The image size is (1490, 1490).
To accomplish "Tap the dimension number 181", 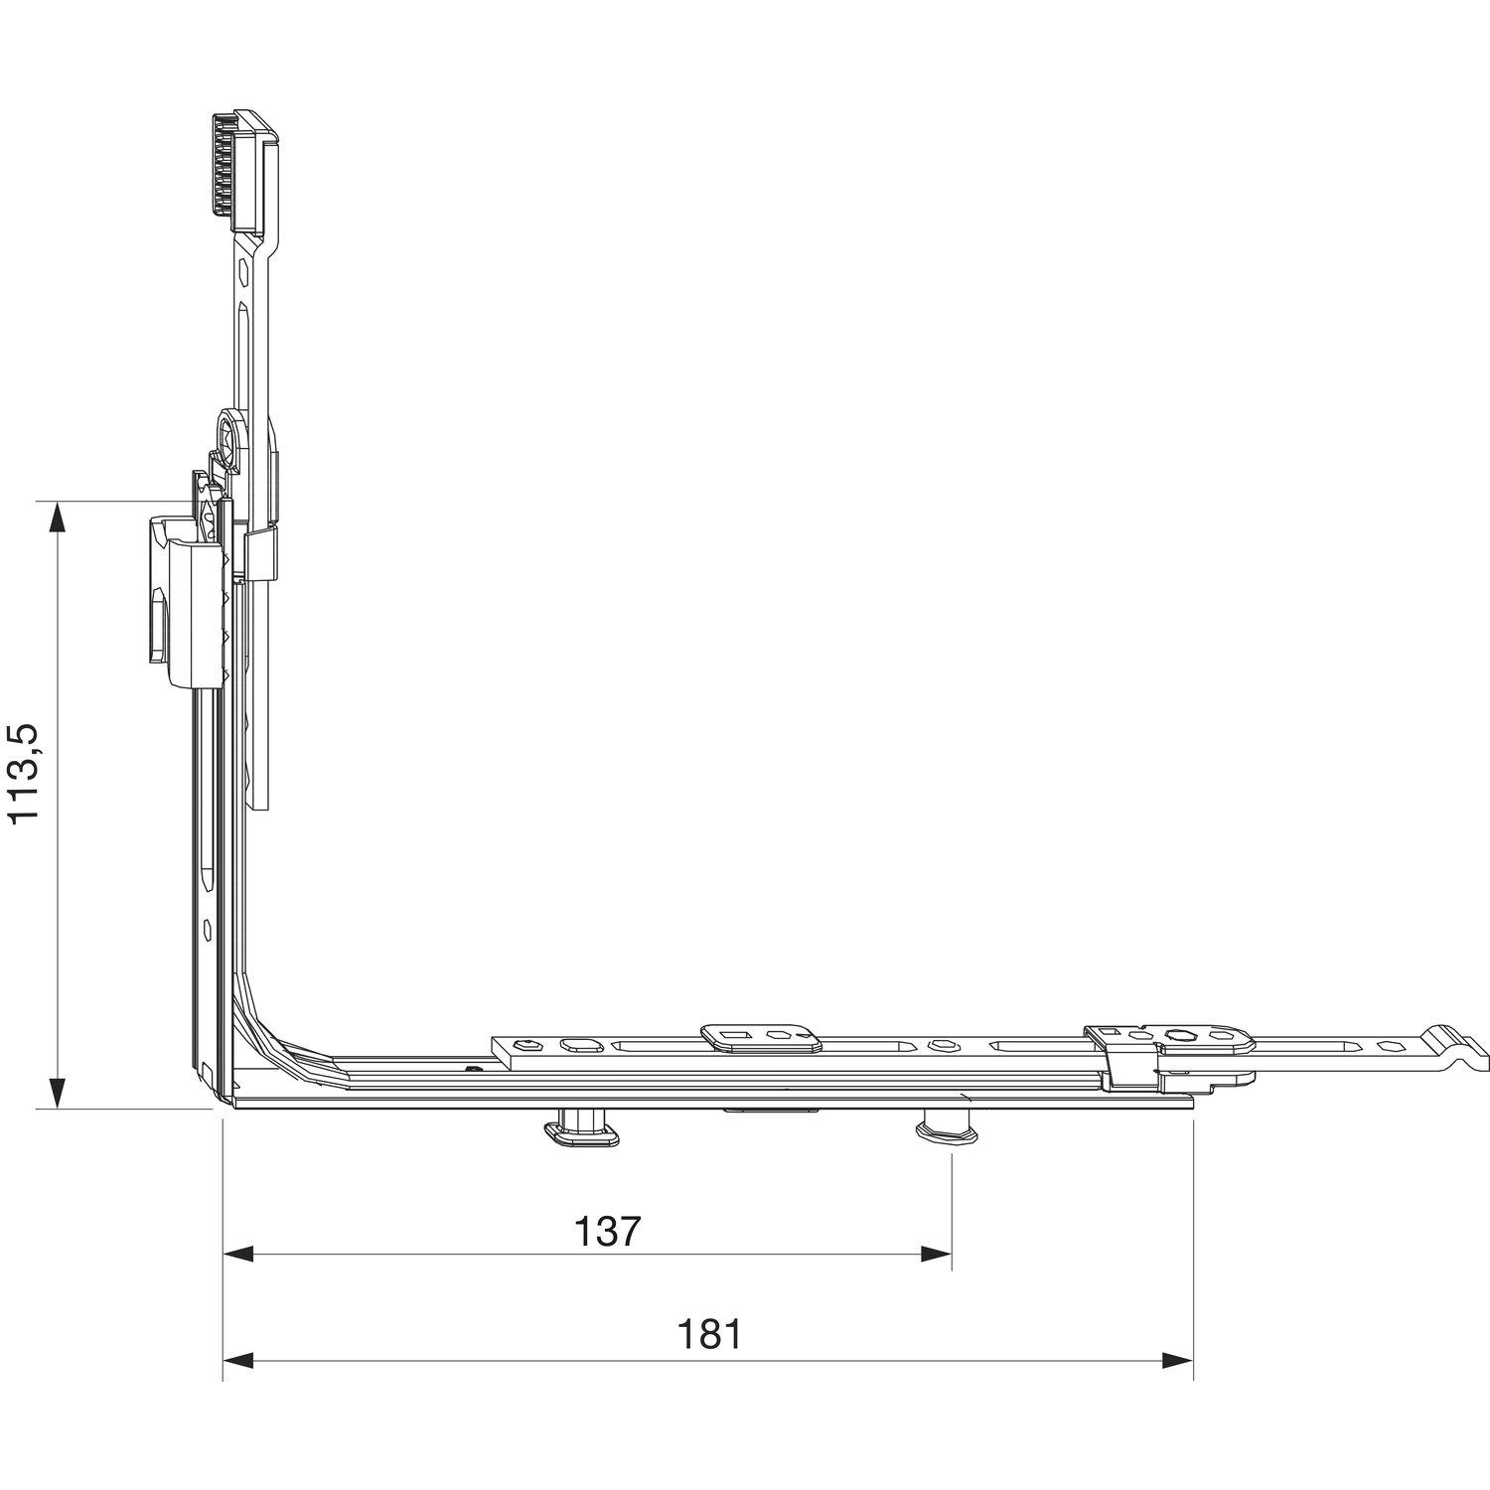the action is pos(709,1334).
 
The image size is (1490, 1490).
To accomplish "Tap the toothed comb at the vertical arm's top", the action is pos(242,169).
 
